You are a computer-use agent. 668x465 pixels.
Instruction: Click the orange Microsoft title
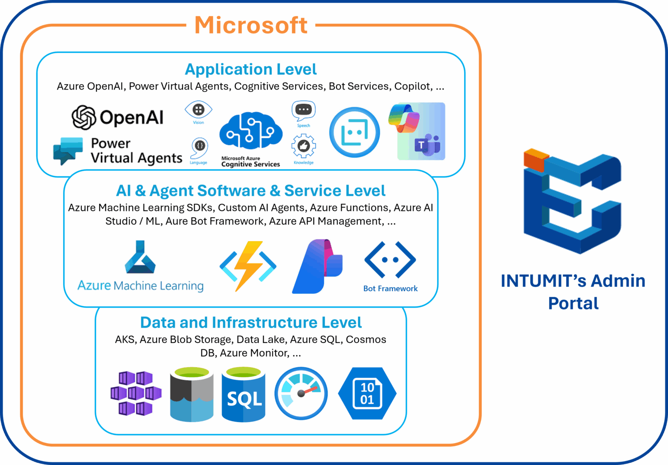point(251,25)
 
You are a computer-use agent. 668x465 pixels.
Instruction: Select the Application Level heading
point(251,70)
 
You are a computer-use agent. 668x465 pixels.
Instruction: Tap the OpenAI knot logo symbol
point(83,117)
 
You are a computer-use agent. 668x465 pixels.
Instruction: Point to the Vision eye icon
point(198,110)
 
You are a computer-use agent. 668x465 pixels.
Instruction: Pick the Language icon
point(200,146)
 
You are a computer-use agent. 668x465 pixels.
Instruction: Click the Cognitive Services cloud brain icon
point(250,131)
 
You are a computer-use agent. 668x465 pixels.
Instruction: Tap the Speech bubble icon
point(304,111)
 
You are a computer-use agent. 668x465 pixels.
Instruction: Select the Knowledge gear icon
point(304,146)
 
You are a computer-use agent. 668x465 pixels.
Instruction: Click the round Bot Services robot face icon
point(354,132)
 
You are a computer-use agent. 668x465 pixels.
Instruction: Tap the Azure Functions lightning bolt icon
point(248,266)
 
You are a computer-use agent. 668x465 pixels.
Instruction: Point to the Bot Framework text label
point(390,289)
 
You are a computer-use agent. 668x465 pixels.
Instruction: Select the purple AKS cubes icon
point(136,393)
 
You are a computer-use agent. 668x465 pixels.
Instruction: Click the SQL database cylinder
point(244,395)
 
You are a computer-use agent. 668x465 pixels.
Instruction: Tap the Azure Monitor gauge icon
point(301,393)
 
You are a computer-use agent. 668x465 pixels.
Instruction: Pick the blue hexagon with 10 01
point(367,393)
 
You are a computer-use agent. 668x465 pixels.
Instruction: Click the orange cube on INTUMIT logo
point(535,159)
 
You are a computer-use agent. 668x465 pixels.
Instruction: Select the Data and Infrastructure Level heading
point(251,322)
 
